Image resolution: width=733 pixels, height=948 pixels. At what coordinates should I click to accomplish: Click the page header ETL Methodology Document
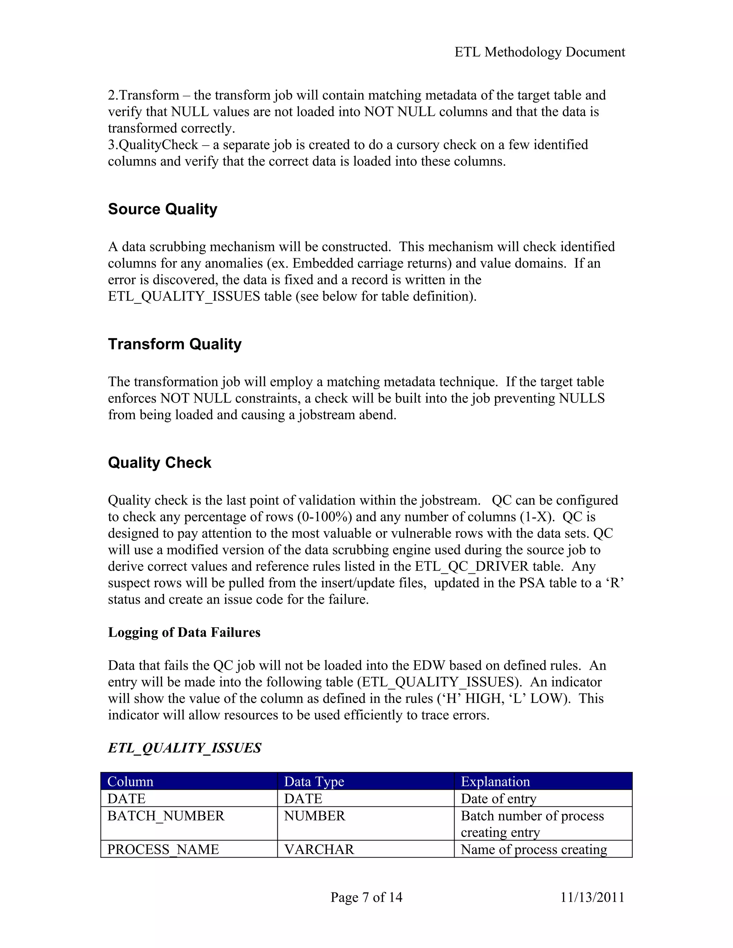coord(539,52)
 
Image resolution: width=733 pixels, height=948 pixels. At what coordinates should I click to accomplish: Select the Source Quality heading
coord(162,209)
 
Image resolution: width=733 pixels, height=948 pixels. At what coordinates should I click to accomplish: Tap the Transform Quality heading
coord(175,344)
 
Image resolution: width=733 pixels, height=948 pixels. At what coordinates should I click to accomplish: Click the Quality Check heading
coord(159,463)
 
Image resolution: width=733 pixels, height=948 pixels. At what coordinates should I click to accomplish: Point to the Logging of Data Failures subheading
coord(184,632)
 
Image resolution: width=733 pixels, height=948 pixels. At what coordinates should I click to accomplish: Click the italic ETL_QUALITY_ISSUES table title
coord(185,748)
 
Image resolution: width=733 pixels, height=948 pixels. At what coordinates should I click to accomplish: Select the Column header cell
coord(130,782)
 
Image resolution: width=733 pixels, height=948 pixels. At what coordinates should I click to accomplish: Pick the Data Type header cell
coord(314,782)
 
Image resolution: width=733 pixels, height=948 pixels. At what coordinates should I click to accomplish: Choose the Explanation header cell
coord(495,782)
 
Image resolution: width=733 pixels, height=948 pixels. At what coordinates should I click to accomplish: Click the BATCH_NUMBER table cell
coord(166,816)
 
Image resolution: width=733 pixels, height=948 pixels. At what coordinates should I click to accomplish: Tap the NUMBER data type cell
coord(314,816)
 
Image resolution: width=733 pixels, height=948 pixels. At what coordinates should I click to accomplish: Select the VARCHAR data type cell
coord(319,850)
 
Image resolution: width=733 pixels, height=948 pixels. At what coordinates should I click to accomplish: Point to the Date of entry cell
coord(499,799)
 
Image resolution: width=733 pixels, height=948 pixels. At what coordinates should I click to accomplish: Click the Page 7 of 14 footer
coord(366,897)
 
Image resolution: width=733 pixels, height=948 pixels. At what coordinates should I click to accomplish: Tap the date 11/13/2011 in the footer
coord(592,897)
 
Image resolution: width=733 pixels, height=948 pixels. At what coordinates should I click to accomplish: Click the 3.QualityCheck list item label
coord(153,145)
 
